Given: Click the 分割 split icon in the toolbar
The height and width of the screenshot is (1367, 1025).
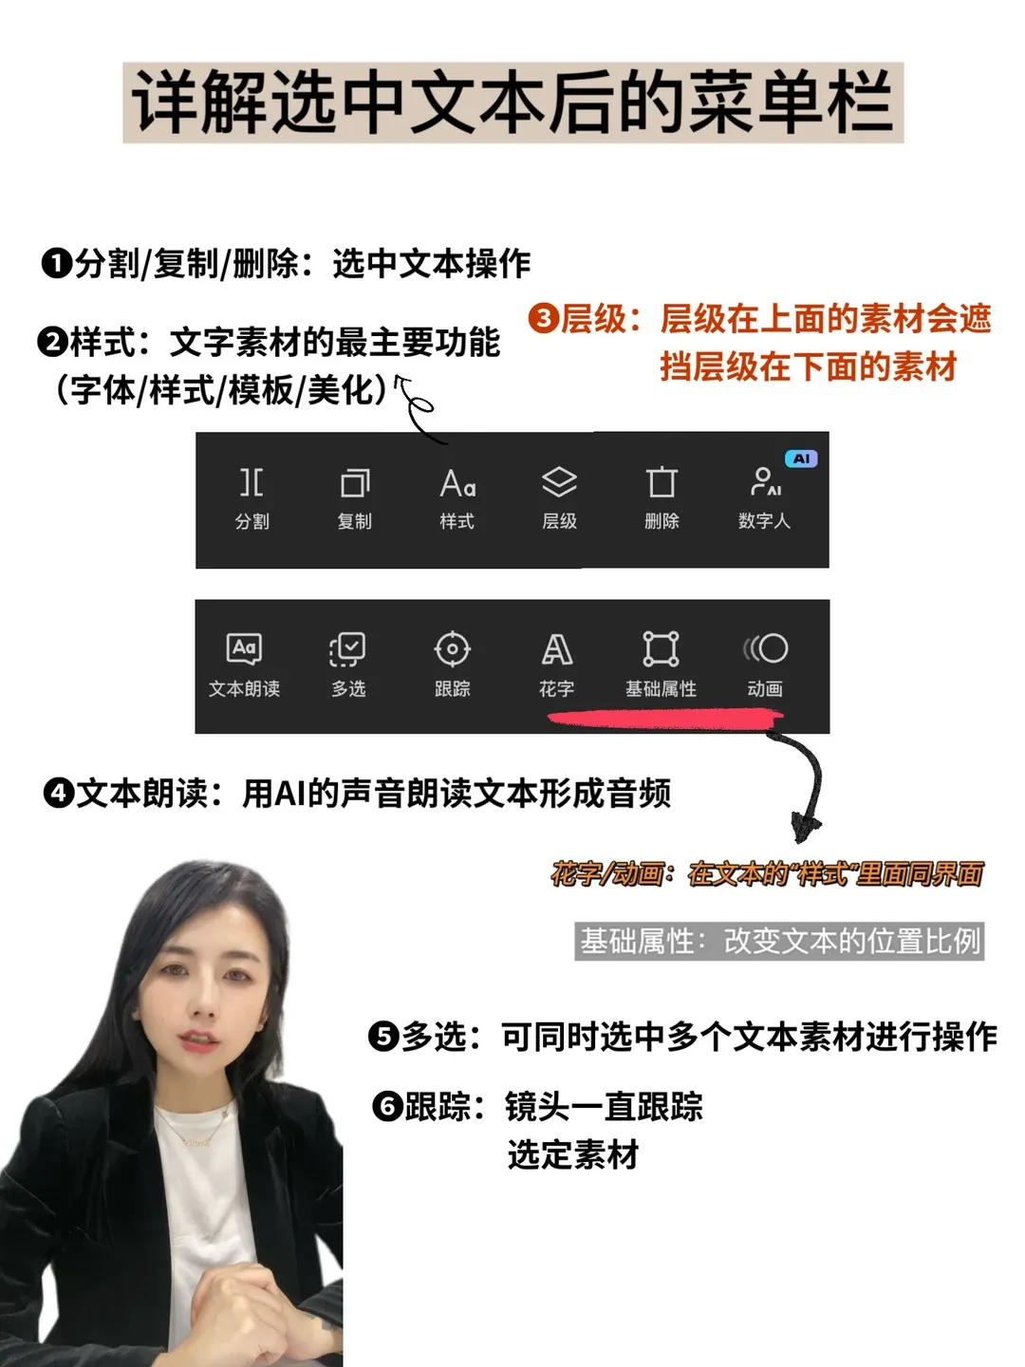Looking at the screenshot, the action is (x=252, y=482).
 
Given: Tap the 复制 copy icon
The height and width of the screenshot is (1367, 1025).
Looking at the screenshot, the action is (x=355, y=483).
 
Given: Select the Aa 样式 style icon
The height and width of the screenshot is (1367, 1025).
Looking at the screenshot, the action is (x=457, y=484).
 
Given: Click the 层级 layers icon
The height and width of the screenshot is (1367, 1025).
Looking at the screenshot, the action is (x=559, y=482).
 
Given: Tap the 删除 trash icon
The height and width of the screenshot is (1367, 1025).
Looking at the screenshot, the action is (x=662, y=482).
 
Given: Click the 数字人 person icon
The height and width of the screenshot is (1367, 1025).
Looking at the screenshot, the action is (x=764, y=481).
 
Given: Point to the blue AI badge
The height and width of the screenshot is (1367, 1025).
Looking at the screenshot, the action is (x=802, y=459).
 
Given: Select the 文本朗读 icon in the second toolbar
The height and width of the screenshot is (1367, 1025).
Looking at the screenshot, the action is (x=244, y=648).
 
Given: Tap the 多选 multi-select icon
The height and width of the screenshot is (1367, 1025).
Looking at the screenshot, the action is (x=348, y=649).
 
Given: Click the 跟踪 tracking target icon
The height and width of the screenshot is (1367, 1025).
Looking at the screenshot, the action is (x=452, y=649).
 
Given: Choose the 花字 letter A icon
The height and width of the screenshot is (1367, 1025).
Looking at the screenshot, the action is (x=556, y=649).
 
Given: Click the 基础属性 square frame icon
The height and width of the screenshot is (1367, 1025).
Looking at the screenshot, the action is (x=661, y=648).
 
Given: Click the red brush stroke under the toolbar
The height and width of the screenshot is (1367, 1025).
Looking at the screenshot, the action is (x=664, y=721).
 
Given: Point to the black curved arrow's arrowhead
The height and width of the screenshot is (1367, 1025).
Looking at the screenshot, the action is (x=805, y=829).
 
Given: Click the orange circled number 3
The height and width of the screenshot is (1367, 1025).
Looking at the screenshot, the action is (x=544, y=318).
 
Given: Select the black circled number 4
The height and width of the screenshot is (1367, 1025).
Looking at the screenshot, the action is (x=59, y=793).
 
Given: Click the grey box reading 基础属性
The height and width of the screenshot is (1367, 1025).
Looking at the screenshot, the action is (x=779, y=941).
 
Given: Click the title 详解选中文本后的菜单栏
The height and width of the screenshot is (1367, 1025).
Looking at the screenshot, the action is (x=512, y=103).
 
